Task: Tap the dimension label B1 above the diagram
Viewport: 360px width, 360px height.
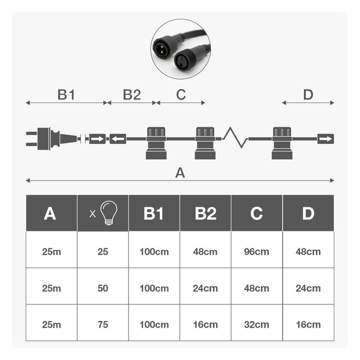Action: [66, 95]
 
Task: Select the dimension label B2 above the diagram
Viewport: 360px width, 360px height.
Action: [132, 95]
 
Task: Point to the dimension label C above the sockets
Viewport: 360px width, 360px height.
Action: [181, 95]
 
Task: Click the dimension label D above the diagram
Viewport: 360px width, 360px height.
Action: [308, 95]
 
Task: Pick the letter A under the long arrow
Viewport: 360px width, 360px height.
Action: [180, 173]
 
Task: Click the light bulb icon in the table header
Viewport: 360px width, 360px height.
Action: [109, 212]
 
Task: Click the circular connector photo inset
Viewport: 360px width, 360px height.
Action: [180, 49]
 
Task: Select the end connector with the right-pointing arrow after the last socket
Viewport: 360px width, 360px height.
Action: [326, 138]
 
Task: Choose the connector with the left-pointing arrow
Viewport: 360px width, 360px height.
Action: [118, 138]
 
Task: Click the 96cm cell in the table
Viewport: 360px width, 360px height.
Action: [257, 251]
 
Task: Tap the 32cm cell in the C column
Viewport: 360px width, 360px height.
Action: [257, 325]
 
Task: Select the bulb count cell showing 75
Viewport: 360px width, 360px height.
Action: [103, 325]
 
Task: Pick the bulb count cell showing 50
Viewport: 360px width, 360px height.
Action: [103, 288]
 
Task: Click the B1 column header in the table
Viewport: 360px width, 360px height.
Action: [154, 213]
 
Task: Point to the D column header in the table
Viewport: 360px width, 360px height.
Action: [308, 213]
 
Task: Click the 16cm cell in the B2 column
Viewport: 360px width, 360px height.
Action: [205, 325]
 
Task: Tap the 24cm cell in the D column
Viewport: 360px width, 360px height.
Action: [308, 288]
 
